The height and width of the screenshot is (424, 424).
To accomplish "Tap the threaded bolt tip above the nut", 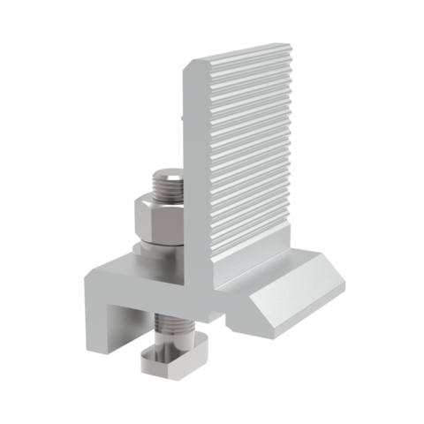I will (168, 185).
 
